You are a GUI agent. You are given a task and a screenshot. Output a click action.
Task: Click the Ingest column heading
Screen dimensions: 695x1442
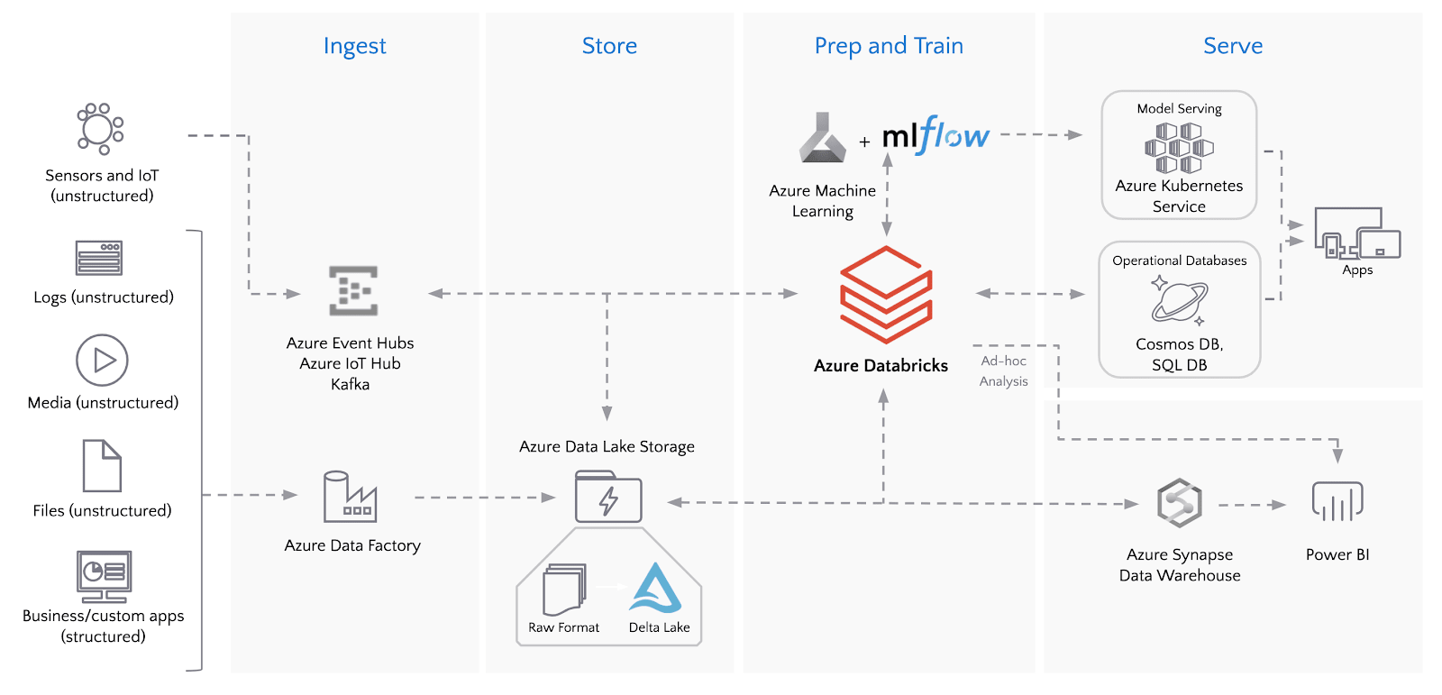click(354, 46)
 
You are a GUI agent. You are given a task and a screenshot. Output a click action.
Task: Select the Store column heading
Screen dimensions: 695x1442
click(609, 46)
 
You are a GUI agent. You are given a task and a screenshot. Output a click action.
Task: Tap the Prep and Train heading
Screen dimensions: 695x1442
click(889, 46)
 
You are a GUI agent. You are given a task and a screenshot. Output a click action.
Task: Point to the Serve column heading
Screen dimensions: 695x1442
click(1233, 46)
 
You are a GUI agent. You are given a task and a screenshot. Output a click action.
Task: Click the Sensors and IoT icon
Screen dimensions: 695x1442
click(100, 128)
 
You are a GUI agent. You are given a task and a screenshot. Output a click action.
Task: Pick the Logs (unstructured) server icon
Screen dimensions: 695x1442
click(99, 258)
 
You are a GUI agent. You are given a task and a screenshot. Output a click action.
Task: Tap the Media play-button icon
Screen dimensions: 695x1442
click(102, 360)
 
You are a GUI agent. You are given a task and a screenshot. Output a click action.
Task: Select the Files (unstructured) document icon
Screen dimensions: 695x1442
click(102, 466)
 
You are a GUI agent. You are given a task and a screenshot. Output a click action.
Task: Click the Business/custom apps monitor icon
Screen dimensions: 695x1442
click(104, 576)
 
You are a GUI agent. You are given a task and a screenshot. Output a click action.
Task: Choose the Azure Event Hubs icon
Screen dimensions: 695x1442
click(353, 290)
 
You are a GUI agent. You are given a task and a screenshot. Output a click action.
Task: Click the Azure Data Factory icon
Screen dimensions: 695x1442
click(350, 497)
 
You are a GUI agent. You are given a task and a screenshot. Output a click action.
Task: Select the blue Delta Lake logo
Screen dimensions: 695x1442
click(656, 589)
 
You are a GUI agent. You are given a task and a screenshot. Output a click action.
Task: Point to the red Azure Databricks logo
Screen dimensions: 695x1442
click(886, 295)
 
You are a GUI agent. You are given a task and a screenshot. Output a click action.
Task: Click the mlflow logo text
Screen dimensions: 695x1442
click(935, 136)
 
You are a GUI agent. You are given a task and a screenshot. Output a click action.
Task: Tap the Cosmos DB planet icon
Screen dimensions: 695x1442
click(1179, 300)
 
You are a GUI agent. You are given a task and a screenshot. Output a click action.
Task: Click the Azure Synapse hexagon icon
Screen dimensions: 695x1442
click(1180, 503)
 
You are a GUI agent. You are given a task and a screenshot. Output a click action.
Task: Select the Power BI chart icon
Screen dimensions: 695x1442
click(1337, 501)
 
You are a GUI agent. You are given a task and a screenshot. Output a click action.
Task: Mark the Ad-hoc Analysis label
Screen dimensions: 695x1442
click(1003, 370)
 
